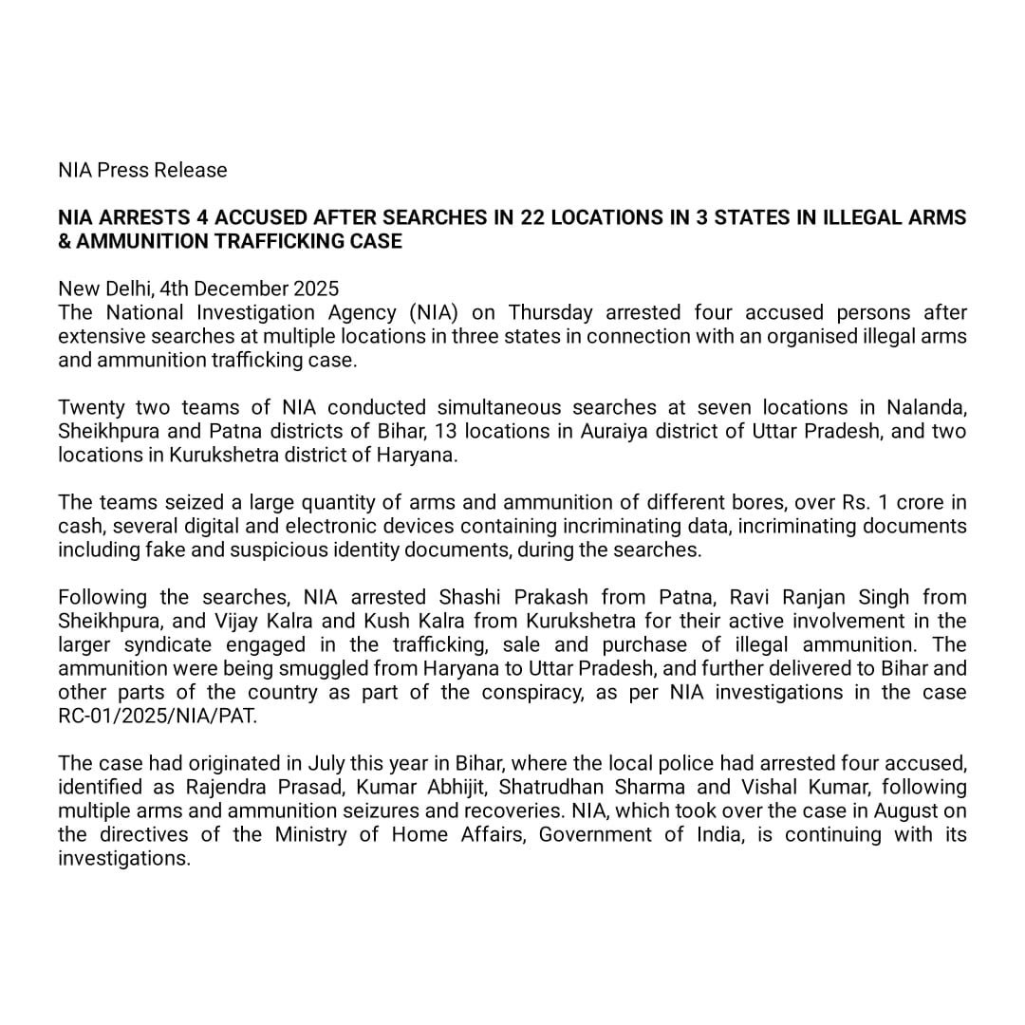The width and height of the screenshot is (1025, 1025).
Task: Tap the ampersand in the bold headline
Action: (65, 242)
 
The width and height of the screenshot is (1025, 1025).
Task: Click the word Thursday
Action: (551, 312)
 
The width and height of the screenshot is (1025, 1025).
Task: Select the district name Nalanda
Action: (926, 407)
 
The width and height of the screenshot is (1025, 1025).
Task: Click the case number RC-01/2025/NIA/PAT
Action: (158, 716)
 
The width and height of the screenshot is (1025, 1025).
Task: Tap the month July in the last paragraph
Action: (327, 763)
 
